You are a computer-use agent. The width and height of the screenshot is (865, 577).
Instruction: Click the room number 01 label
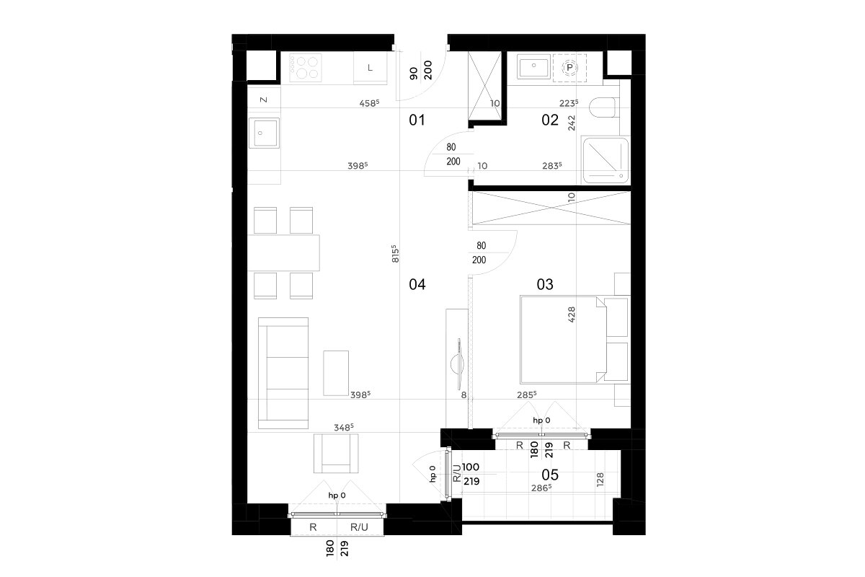(x=417, y=120)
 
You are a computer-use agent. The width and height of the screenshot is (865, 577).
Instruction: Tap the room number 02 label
(x=550, y=120)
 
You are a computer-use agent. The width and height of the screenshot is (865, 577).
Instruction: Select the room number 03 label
(x=545, y=284)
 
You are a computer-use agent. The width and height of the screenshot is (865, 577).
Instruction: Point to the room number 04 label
(x=417, y=284)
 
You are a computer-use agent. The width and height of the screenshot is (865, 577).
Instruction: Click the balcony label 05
(x=550, y=475)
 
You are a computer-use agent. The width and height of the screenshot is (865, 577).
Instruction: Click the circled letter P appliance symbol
(x=569, y=68)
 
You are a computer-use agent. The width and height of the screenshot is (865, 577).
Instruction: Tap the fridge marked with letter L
(x=371, y=68)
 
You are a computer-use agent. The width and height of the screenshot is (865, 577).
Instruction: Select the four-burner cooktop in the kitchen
(x=306, y=68)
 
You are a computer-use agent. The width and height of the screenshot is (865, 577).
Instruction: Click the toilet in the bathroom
(x=603, y=107)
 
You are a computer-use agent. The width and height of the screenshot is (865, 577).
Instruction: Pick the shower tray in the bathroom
(x=605, y=160)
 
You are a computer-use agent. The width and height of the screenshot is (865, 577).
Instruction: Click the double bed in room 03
(x=564, y=340)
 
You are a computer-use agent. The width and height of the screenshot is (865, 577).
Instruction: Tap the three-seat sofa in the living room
(x=283, y=373)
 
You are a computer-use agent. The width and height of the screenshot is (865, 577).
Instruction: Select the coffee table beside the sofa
(x=336, y=373)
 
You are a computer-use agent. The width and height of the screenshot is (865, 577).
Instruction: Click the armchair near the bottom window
(x=336, y=454)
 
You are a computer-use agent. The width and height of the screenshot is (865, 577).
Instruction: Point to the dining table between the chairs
(x=283, y=252)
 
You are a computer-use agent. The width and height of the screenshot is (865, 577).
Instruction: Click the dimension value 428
(x=572, y=314)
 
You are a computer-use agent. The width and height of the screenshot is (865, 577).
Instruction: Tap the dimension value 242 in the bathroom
(x=572, y=123)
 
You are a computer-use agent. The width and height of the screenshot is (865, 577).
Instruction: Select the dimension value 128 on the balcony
(x=600, y=480)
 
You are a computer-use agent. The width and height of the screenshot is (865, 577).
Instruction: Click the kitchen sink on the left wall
(x=264, y=133)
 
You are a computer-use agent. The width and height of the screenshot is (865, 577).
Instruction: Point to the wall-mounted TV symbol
(x=458, y=364)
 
